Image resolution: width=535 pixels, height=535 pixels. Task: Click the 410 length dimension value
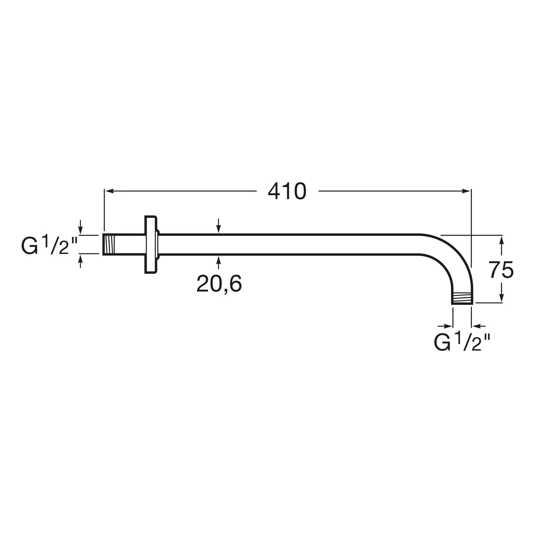[x=287, y=192]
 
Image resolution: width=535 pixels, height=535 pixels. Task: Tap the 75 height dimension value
[x=501, y=270]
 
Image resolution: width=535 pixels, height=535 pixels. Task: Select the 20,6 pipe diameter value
[x=219, y=284]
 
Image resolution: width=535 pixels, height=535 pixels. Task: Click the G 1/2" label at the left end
[x=50, y=245]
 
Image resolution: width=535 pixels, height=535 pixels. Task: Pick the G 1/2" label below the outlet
[x=462, y=342]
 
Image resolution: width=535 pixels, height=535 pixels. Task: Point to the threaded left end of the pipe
[x=110, y=245]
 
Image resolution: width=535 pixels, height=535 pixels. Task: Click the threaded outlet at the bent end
[x=462, y=298]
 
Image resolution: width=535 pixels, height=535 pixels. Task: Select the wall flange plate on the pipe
[x=151, y=245]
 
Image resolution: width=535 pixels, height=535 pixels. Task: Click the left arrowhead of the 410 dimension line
[x=108, y=192]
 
